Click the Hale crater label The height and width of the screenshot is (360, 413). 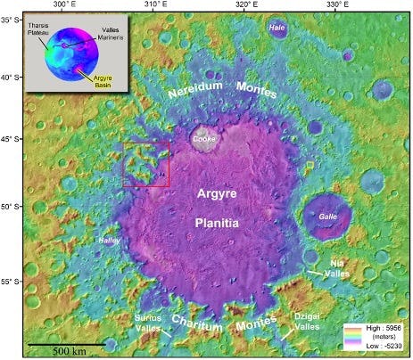click(x=277, y=29)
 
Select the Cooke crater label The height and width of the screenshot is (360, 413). click(x=204, y=139)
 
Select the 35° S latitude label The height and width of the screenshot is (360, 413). click(x=12, y=18)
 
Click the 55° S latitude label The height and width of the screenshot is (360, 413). click(x=12, y=282)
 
